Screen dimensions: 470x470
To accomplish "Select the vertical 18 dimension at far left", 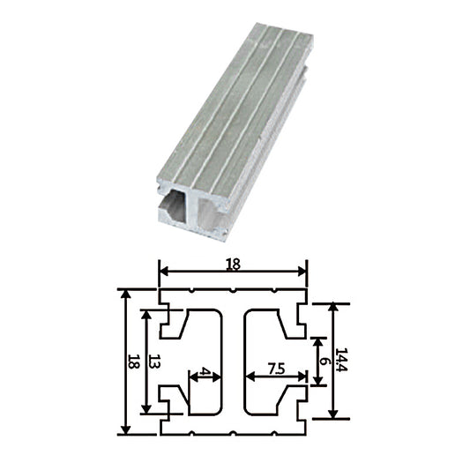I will (x=134, y=361).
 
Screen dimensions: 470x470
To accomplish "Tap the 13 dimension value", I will (x=155, y=361).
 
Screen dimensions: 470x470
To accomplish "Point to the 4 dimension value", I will (x=205, y=373).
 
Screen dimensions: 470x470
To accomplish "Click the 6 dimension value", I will (x=325, y=361).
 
